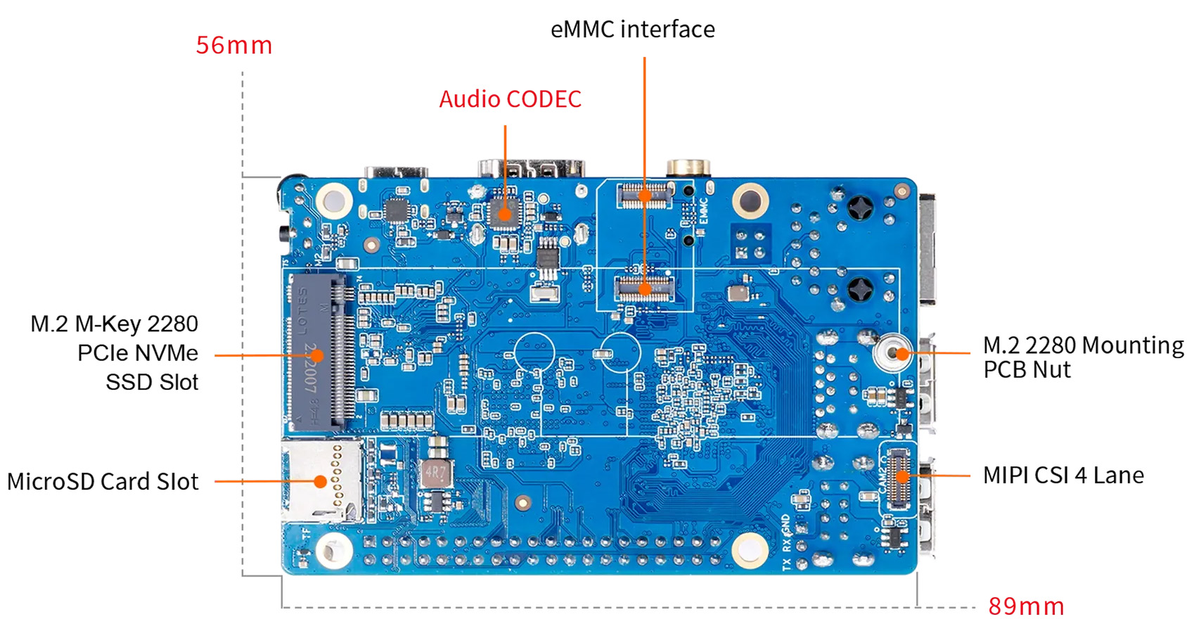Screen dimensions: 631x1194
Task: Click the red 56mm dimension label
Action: pos(233,46)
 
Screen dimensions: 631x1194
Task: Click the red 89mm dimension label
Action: pos(1025,606)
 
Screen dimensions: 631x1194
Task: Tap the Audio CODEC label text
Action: pos(510,99)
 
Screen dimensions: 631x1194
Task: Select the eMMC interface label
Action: pos(632,30)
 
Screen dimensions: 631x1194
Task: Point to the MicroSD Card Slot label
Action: pos(103,482)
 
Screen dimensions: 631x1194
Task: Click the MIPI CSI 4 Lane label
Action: pos(1063,476)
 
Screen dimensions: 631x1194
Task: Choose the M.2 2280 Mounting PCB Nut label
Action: pos(1083,357)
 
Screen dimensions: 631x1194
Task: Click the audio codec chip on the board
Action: pos(503,212)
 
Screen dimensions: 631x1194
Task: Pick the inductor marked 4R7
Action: pos(436,474)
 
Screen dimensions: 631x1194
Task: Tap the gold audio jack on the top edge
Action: pos(687,167)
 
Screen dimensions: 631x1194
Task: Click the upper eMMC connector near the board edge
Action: pos(643,194)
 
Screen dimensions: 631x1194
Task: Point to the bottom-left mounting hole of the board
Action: pos(333,549)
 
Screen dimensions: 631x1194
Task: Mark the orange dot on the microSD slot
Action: pos(321,482)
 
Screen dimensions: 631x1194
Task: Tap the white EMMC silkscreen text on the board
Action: pos(703,211)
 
